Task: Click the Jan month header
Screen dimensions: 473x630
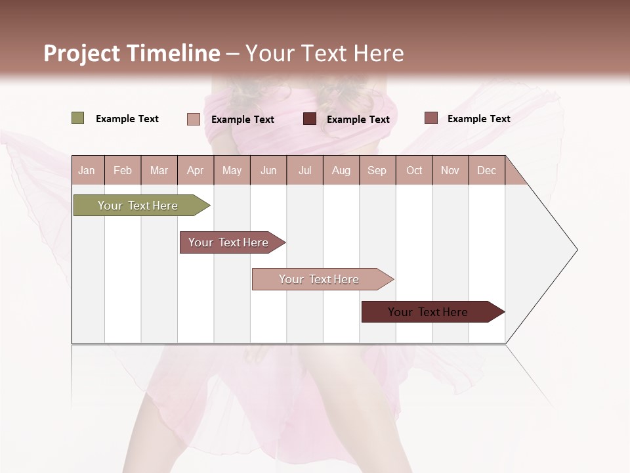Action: pyautogui.click(x=87, y=170)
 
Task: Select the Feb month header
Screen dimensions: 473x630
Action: pyautogui.click(x=123, y=170)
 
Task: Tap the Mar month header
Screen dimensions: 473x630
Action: pyautogui.click(x=159, y=170)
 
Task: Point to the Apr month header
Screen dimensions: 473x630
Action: pyautogui.click(x=195, y=170)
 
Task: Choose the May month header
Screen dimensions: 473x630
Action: pyautogui.click(x=232, y=170)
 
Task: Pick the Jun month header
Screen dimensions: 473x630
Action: pyautogui.click(x=268, y=170)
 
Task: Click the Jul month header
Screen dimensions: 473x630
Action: pyautogui.click(x=304, y=170)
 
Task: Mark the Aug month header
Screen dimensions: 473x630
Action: pyautogui.click(x=341, y=170)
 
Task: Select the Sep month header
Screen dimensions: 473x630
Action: pyautogui.click(x=377, y=170)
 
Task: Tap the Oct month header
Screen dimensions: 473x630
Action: pyautogui.click(x=414, y=170)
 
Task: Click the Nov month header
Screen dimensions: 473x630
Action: pyautogui.click(x=450, y=170)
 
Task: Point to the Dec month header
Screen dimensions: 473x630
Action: pyautogui.click(x=487, y=170)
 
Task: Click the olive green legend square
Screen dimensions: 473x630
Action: pyautogui.click(x=77, y=118)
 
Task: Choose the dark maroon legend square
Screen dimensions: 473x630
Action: pyautogui.click(x=310, y=119)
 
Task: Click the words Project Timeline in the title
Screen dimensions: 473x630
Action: pyautogui.click(x=132, y=53)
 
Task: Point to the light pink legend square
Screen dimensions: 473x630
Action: pyautogui.click(x=193, y=119)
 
